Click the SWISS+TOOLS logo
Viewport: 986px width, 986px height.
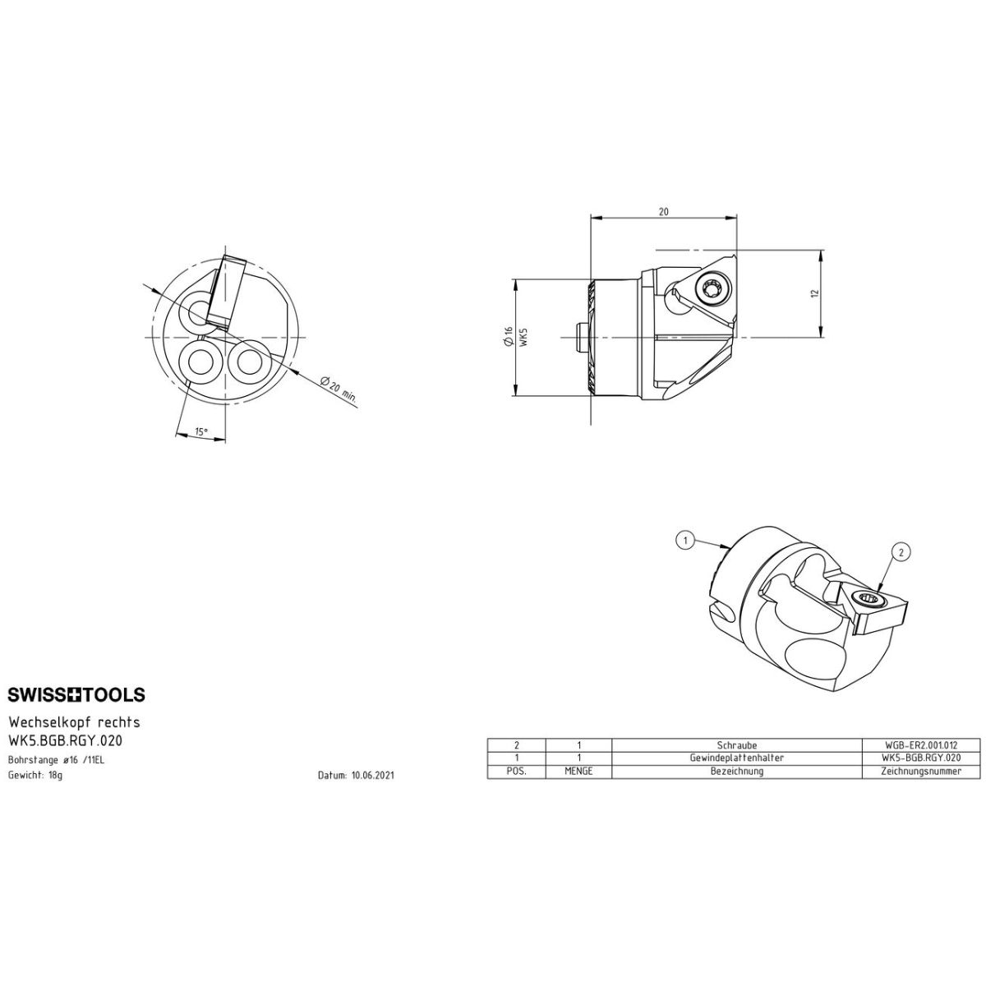pos(76,694)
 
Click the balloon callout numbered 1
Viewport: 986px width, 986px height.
pos(685,539)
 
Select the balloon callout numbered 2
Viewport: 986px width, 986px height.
pos(901,551)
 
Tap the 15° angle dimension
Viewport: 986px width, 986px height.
pos(201,431)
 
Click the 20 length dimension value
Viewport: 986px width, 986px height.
pos(663,212)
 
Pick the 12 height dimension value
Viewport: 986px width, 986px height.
pos(814,293)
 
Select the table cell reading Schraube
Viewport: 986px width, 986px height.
pos(737,745)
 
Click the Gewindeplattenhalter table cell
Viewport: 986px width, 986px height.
pos(737,758)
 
